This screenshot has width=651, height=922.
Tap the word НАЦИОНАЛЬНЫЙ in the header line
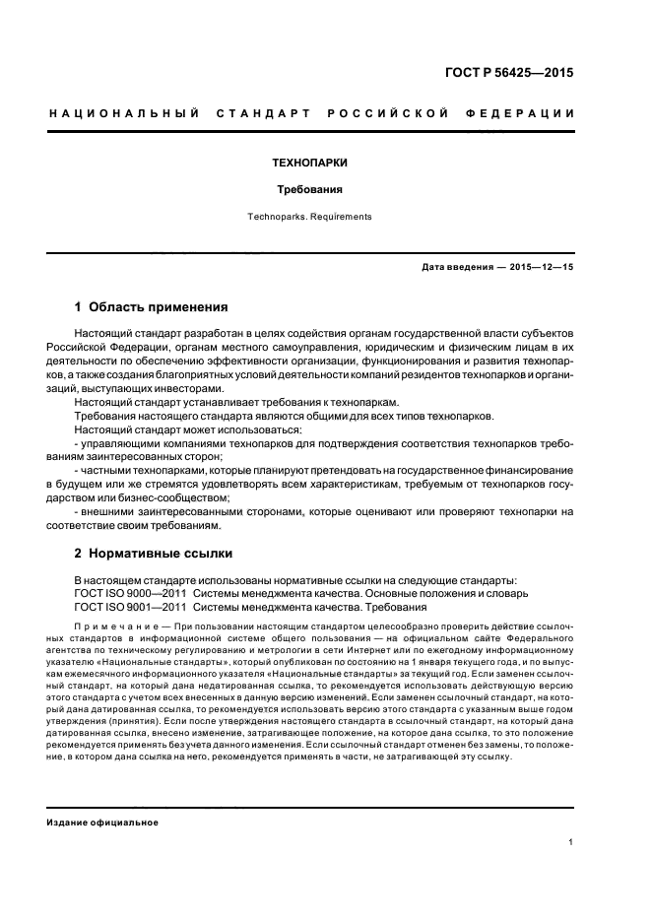tap(121, 114)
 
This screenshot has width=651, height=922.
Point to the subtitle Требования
tap(308, 189)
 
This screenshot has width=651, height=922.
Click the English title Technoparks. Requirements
tap(308, 217)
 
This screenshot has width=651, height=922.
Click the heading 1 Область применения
tap(152, 306)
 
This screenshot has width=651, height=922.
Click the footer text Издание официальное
tap(102, 822)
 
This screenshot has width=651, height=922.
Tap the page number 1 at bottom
tap(571, 842)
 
